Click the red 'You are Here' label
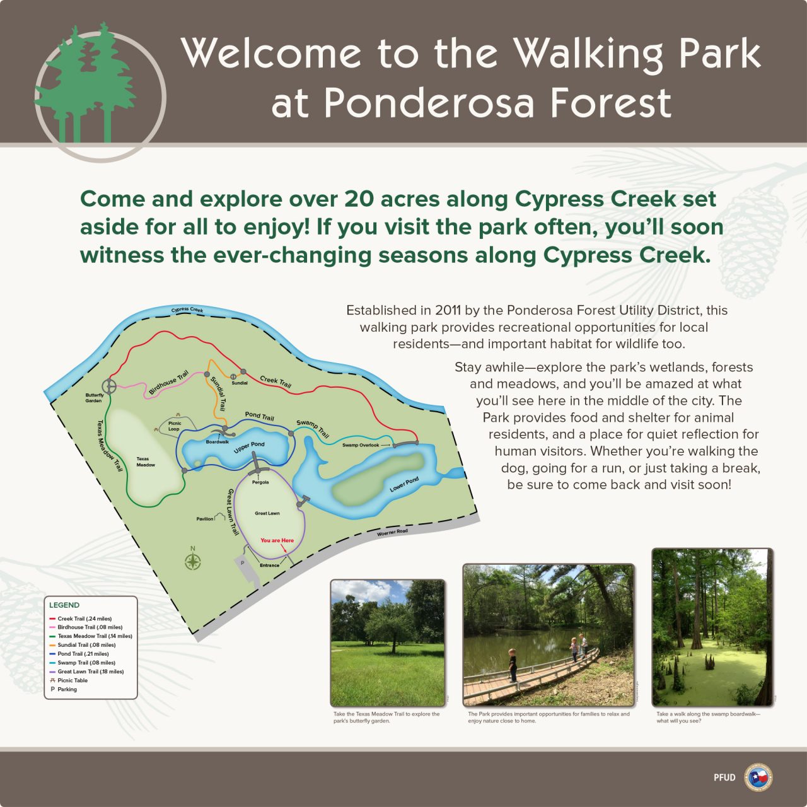277,540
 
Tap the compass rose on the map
193,561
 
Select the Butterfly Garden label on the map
94,398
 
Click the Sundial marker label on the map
240,383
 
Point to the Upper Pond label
249,448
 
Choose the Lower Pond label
403,485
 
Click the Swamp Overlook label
361,445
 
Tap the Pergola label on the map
260,482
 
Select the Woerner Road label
392,532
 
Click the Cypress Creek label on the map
187,310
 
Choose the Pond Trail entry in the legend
83,654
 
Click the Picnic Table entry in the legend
73,680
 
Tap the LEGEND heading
64,605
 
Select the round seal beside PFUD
758,777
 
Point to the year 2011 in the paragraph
448,310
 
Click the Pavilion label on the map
205,519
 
